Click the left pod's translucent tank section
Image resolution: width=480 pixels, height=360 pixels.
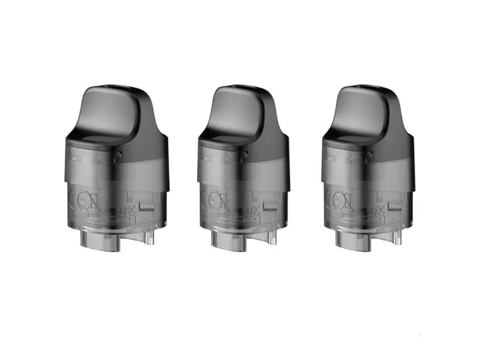(x=114, y=174)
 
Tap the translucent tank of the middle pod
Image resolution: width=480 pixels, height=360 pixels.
(x=239, y=174)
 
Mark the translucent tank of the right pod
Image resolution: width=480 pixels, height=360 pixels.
(x=364, y=174)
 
